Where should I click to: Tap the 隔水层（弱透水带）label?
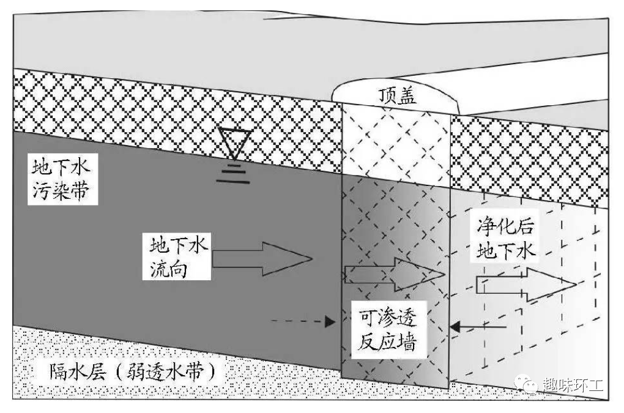126,371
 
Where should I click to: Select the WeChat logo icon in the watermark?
527,385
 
